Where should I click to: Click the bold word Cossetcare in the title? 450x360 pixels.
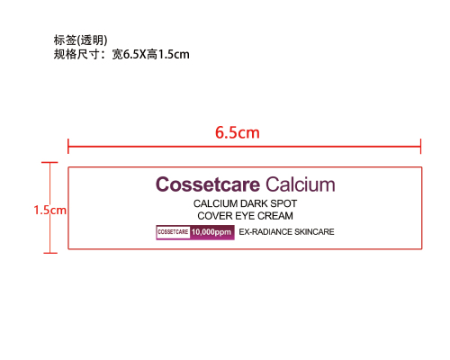tap(208, 184)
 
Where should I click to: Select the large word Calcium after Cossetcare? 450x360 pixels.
tap(301, 184)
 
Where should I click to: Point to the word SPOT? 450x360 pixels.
tap(283, 203)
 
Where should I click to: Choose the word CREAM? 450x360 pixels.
tap(275, 216)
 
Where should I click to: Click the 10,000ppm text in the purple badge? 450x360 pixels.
tap(211, 232)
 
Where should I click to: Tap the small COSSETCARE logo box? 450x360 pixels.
tap(173, 232)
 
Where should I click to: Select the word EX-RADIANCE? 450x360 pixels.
tap(265, 232)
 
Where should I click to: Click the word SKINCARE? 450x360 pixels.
tap(314, 232)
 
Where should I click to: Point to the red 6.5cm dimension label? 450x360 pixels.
tap(238, 132)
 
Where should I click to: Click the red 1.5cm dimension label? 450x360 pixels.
tap(49, 210)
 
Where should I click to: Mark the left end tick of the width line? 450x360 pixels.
tap(68, 147)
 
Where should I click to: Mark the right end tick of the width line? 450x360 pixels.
tap(420, 147)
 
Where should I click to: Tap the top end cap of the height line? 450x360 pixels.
tap(49, 162)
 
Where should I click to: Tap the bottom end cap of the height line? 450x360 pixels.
tap(50, 253)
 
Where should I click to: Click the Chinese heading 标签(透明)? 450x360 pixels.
tap(80, 40)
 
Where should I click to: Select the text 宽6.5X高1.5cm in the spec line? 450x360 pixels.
tap(150, 55)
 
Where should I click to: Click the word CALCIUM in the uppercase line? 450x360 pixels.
tap(216, 203)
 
